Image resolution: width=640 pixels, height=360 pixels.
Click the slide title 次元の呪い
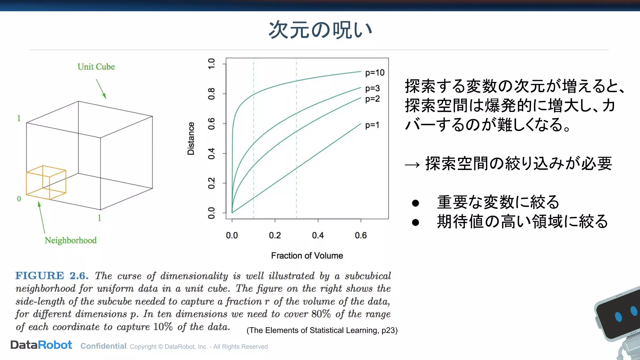(320, 30)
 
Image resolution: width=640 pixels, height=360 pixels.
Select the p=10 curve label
(375, 73)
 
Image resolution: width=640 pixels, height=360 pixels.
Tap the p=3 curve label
(372, 88)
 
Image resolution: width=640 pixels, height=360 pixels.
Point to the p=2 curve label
(372, 99)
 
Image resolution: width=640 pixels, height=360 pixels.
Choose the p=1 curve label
(372, 125)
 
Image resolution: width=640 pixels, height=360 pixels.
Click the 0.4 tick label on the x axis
(318, 235)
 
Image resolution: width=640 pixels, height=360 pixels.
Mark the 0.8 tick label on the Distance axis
(212, 94)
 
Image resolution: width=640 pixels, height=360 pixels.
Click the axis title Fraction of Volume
(307, 256)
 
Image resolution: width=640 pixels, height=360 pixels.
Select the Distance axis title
(191, 138)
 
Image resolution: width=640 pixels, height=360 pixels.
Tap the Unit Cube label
(96, 67)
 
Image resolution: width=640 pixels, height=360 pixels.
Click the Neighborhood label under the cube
(71, 240)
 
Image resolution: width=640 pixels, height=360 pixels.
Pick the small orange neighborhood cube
(46, 182)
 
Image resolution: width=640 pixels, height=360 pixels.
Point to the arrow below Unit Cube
(101, 89)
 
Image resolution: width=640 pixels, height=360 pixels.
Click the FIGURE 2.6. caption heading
(52, 276)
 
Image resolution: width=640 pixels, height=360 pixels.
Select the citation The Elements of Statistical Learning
(322, 330)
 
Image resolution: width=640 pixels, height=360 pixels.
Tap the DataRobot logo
(41, 345)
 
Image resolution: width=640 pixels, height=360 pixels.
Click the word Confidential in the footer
(103, 346)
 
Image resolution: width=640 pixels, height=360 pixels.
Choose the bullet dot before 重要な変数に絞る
(415, 203)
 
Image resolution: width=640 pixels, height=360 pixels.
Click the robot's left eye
(618, 317)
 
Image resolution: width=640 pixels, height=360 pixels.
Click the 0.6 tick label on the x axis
(361, 235)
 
